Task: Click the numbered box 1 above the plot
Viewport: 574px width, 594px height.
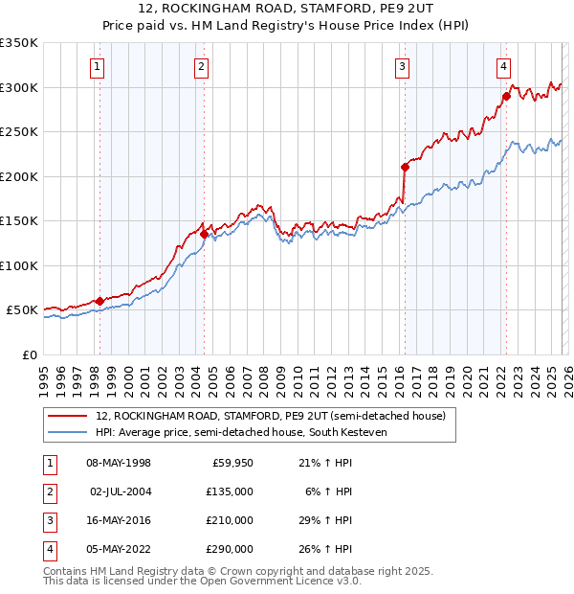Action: (99, 66)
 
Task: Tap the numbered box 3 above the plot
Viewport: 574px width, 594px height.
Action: (402, 66)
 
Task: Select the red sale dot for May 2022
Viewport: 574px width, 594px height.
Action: (506, 96)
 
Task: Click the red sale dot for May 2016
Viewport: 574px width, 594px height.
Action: (405, 167)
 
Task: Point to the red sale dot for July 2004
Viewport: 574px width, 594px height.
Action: (204, 234)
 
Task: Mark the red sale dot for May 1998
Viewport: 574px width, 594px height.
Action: (99, 301)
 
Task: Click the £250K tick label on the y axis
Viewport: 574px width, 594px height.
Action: (19, 132)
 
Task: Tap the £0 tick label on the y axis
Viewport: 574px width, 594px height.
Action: (29, 355)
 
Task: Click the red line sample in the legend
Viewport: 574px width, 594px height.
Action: (68, 416)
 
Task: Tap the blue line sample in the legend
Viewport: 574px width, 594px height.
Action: (68, 432)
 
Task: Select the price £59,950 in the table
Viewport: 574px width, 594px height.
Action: (230, 463)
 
